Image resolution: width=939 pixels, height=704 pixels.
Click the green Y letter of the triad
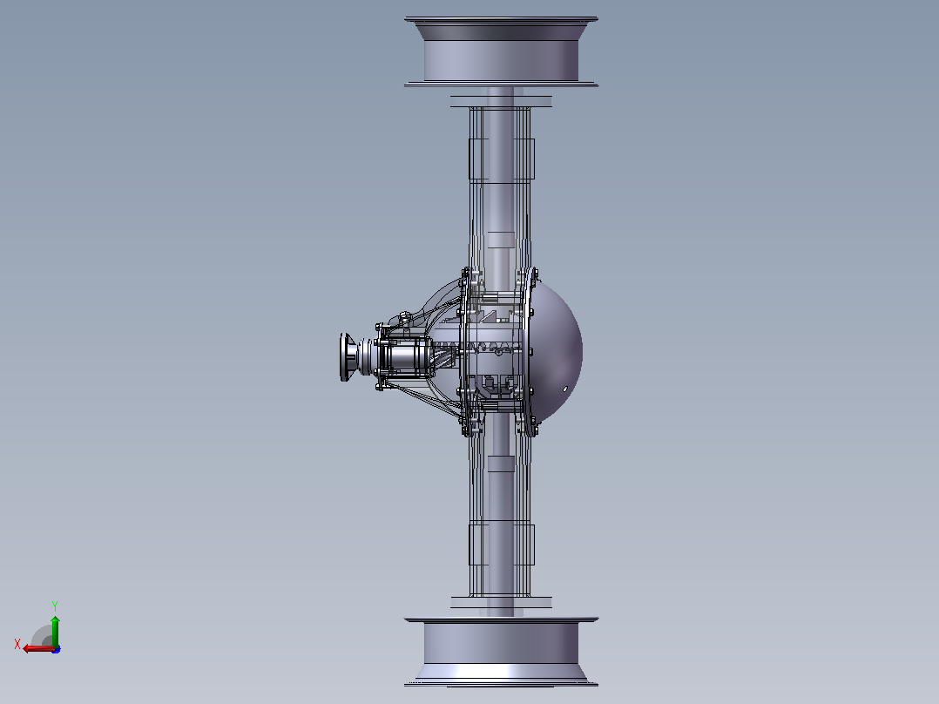pos(55,606)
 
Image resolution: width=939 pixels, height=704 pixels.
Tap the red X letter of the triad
pos(17,644)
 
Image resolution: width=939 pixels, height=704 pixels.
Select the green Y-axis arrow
pos(55,631)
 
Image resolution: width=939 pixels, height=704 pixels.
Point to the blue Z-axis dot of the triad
pos(57,649)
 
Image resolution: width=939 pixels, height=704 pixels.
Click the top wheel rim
pos(501,51)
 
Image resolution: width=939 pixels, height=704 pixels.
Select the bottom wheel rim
pos(501,652)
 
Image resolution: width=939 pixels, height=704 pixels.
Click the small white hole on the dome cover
pos(565,389)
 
